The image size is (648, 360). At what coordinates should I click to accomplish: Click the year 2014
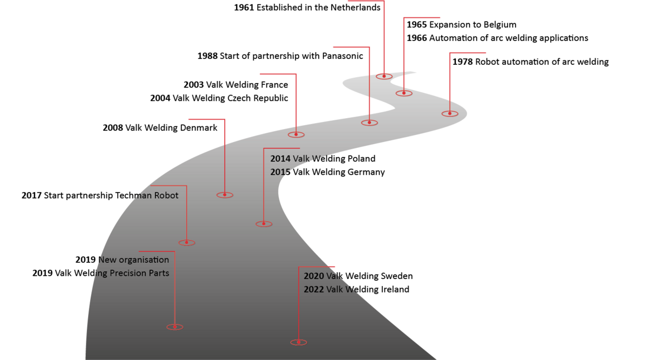[x=280, y=159]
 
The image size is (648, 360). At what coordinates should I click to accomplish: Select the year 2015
[x=280, y=172]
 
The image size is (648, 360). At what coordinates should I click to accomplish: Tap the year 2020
[x=313, y=276]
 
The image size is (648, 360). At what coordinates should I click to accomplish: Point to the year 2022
[x=313, y=289]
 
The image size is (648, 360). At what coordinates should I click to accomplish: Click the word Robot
[x=166, y=195]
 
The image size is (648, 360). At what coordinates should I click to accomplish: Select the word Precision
[x=128, y=273]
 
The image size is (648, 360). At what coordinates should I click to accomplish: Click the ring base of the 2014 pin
[x=264, y=224]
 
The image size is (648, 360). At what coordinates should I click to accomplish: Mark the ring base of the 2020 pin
[x=299, y=342]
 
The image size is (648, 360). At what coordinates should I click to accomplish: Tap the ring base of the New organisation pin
[x=174, y=327]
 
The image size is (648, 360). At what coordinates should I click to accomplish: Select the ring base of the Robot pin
[x=186, y=243]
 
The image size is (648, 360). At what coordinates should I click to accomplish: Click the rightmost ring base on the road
[x=449, y=114]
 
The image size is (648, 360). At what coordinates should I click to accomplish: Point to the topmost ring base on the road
[x=384, y=76]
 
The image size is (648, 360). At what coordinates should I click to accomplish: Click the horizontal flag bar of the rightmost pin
[x=468, y=53]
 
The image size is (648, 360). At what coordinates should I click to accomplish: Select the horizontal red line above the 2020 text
[x=317, y=267]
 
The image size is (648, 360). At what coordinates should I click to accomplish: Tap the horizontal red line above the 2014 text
[x=281, y=148]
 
